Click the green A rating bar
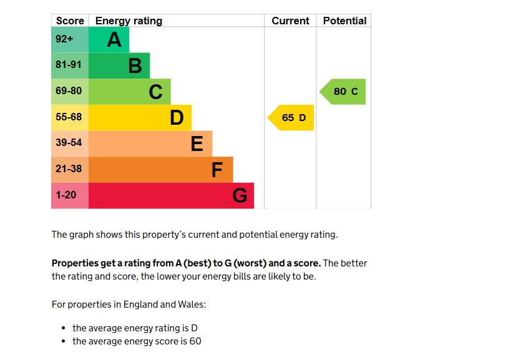(109, 39)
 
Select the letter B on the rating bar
(135, 66)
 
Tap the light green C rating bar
(129, 92)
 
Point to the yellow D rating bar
(140, 117)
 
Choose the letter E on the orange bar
(197, 144)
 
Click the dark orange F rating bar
(160, 170)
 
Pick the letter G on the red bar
(240, 196)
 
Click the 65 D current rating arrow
(291, 118)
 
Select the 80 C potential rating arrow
(344, 92)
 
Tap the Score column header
(70, 21)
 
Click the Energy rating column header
(129, 21)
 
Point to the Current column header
(290, 21)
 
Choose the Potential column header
(344, 21)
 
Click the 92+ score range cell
(64, 39)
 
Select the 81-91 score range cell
(69, 65)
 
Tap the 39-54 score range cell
(69, 143)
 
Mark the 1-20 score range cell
(66, 195)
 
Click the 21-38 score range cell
(69, 169)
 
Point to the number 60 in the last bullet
(195, 341)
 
